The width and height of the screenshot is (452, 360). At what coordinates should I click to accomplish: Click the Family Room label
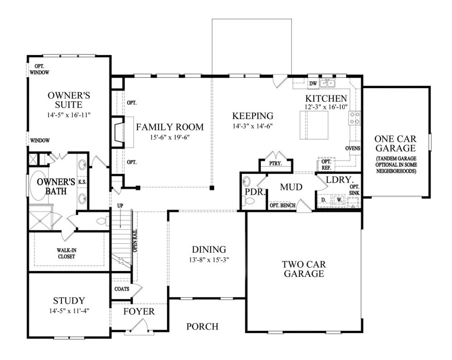170,127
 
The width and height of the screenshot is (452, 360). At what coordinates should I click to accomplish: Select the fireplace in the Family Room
118,132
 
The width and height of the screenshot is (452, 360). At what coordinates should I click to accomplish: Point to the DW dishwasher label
313,84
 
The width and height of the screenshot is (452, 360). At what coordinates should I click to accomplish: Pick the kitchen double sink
327,83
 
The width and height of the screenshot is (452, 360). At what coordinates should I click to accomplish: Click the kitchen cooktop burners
355,118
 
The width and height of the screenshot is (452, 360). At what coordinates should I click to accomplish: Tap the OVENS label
353,148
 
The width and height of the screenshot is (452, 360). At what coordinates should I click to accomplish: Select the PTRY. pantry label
275,164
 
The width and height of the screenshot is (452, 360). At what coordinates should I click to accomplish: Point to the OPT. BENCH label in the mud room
282,206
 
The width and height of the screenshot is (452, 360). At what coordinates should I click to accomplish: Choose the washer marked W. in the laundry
339,200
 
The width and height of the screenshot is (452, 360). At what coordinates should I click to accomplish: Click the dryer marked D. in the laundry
323,200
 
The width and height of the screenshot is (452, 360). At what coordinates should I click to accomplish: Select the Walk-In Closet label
66,253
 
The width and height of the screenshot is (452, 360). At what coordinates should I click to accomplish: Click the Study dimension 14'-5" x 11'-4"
69,311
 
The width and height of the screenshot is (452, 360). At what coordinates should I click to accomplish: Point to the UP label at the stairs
121,205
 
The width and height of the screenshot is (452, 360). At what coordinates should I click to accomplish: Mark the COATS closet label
122,289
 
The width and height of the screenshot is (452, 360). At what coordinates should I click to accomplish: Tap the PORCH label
202,326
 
